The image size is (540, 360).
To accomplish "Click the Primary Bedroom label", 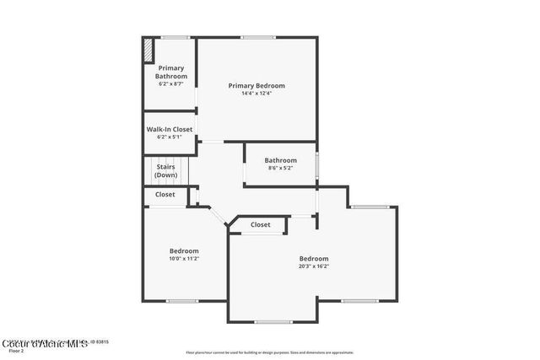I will (x=256, y=85).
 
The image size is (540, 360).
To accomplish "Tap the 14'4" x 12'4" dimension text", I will (x=256, y=93).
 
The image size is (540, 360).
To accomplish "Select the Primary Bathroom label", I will (x=170, y=72).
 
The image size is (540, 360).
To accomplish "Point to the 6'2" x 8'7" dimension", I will (x=170, y=83).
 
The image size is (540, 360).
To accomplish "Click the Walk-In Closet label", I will (x=170, y=129).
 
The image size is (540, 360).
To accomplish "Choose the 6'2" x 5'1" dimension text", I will (x=170, y=137).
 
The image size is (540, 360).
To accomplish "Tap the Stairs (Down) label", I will (x=165, y=171).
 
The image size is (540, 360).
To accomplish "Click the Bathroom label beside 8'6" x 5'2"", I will (x=280, y=160).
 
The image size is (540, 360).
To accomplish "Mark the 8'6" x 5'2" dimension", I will (x=280, y=168).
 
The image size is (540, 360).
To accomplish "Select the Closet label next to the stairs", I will (x=165, y=194).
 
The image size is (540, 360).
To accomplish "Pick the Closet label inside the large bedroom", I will (x=260, y=224).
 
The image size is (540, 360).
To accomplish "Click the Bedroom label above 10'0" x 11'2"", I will (x=184, y=250).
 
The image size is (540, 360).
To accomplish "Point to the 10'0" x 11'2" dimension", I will (x=184, y=259).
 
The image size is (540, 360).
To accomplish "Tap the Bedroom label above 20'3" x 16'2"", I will (x=314, y=258).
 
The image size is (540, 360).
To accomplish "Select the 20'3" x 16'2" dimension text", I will (x=314, y=266).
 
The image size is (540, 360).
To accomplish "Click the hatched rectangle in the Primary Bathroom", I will (x=148, y=50).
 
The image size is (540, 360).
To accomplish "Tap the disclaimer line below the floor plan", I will (x=270, y=352).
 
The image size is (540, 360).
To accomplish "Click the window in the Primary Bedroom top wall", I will (x=257, y=37).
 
